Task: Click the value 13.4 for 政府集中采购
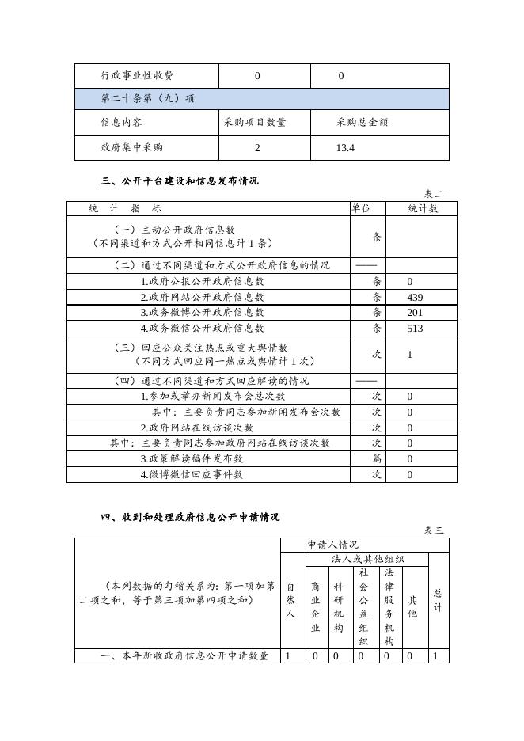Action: click(x=345, y=148)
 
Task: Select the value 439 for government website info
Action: click(x=415, y=297)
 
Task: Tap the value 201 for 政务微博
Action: click(x=415, y=313)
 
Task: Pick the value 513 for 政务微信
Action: click(x=415, y=328)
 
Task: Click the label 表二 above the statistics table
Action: click(x=435, y=194)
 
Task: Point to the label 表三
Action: click(x=435, y=530)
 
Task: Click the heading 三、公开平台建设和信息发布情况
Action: click(x=180, y=180)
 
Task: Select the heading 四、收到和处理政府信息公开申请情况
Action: click(x=190, y=517)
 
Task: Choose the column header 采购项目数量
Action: click(x=255, y=123)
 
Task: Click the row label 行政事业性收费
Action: click(x=137, y=76)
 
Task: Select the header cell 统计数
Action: click(x=423, y=208)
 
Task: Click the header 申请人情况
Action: click(x=333, y=545)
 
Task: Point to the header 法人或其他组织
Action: click(x=367, y=559)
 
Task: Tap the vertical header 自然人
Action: click(x=290, y=600)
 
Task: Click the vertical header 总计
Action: click(x=438, y=600)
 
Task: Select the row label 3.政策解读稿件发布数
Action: click(x=192, y=458)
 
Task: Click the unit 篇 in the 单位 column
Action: click(x=377, y=458)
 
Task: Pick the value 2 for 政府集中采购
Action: click(x=257, y=148)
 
